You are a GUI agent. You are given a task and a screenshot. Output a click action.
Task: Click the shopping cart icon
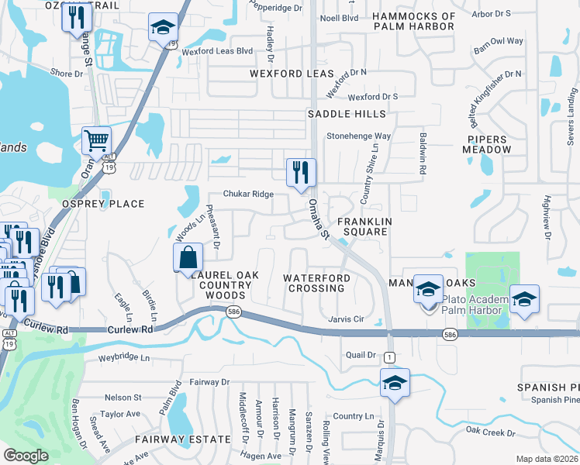pos(96,141)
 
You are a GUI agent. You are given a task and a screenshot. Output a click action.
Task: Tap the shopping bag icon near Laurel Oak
pos(188,257)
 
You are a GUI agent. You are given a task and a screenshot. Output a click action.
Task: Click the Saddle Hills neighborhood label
pos(346,114)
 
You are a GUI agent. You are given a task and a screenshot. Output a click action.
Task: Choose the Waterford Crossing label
pos(316,283)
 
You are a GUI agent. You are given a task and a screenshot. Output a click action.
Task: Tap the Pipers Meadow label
pos(489,144)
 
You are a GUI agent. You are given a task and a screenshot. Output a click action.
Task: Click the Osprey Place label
pos(103,204)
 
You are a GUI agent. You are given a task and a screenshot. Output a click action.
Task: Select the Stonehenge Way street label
pos(358,136)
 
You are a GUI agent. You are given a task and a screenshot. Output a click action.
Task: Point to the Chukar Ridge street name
pos(248,195)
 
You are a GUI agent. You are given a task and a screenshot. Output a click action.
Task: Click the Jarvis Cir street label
pos(346,319)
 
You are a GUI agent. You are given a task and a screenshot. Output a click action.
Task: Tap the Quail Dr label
pos(360,356)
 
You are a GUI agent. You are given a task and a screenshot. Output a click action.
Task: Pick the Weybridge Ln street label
pos(124,358)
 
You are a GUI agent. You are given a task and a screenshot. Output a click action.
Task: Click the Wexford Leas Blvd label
pos(218,51)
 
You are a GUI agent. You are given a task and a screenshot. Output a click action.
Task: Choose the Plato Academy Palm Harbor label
pos(474,305)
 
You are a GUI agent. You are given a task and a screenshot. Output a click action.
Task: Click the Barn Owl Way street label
pos(499,41)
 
